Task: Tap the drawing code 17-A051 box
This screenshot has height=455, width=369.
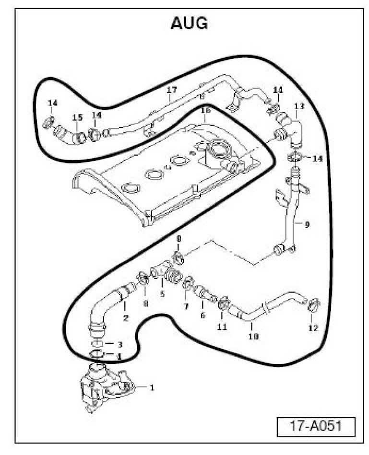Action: coord(316,426)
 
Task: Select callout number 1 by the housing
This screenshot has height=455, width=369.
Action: coord(152,387)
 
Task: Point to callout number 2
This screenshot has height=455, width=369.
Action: coord(126,317)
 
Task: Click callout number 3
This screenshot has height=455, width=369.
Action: coord(120,344)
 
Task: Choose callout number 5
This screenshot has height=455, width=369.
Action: coord(162,294)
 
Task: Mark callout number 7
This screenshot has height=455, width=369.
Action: coord(186,305)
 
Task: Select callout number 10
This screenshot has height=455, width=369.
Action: coord(254,337)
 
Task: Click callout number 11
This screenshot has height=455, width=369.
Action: coord(221,327)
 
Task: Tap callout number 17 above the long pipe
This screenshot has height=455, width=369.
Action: coord(171,90)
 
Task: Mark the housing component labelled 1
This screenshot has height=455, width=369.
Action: coord(106,386)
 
